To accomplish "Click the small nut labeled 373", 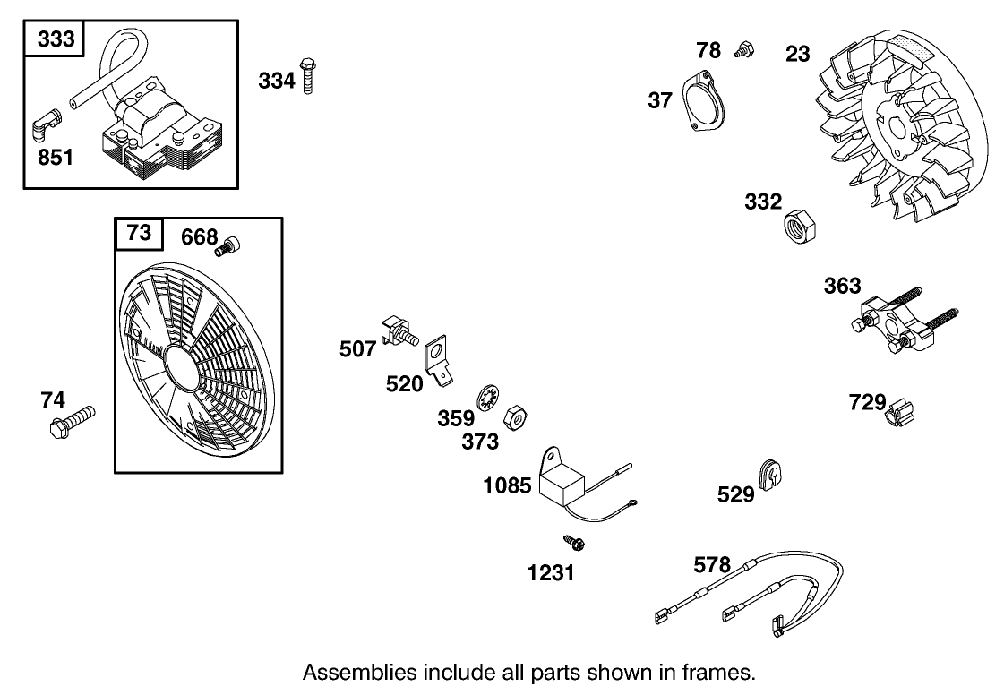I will click(515, 416).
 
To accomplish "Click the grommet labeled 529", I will click(769, 473).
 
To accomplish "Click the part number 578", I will click(712, 565).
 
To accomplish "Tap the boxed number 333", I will click(56, 40).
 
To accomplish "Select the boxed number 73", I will click(139, 234).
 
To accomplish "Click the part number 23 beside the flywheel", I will click(797, 53).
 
